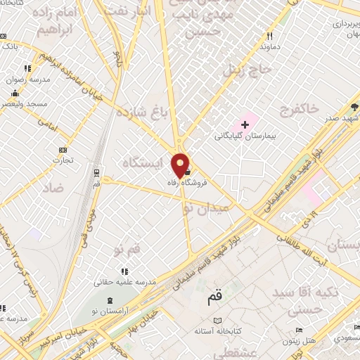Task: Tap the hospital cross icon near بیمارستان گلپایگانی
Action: (x=245, y=125)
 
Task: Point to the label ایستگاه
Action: (x=141, y=162)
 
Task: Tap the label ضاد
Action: (x=53, y=188)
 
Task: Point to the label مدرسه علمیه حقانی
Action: (x=123, y=283)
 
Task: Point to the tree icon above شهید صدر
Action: (x=354, y=107)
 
